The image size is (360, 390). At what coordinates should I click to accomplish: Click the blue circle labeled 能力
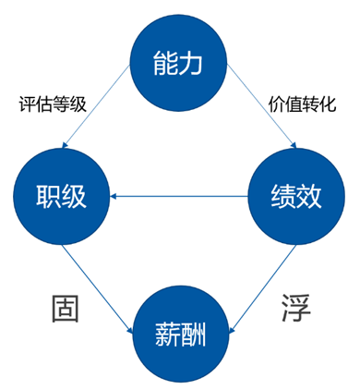pyautogui.click(x=177, y=63)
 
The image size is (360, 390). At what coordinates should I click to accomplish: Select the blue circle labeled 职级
pyautogui.click(x=61, y=195)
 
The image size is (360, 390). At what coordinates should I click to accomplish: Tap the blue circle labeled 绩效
pyautogui.click(x=295, y=195)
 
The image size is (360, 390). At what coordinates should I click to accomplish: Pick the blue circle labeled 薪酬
pyautogui.click(x=179, y=330)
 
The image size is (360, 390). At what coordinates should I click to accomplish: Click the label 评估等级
pyautogui.click(x=53, y=104)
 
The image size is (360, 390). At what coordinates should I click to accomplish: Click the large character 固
pyautogui.click(x=63, y=309)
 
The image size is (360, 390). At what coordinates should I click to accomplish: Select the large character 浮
pyautogui.click(x=294, y=309)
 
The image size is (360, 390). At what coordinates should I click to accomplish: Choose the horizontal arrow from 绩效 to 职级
pyautogui.click(x=180, y=195)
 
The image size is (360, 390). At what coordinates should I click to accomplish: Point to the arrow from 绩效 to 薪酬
pyautogui.click(x=262, y=277)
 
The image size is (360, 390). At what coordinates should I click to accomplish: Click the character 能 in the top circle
pyautogui.click(x=165, y=63)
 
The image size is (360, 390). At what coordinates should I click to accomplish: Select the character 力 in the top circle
pyautogui.click(x=190, y=63)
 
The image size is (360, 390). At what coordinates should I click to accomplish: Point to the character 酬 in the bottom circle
pyautogui.click(x=192, y=330)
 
